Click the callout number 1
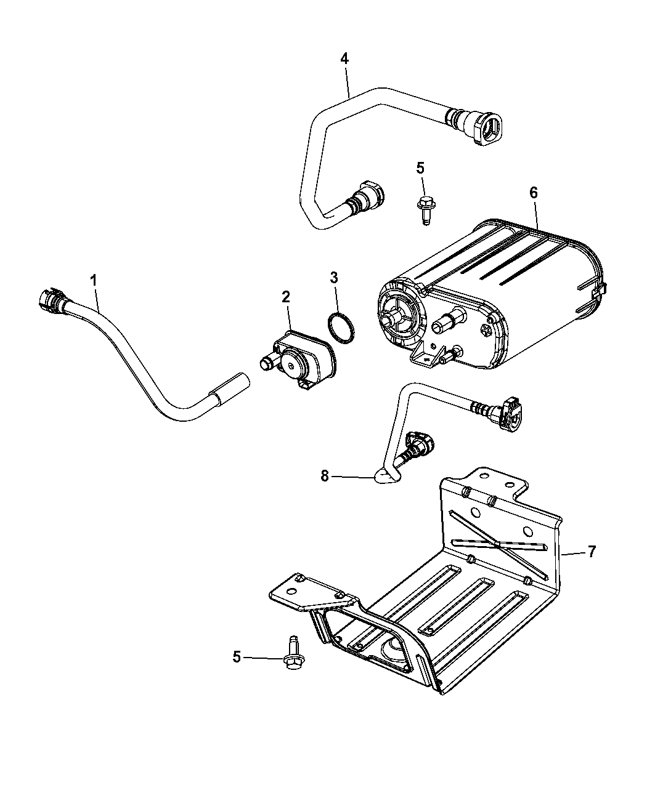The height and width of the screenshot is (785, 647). (x=93, y=280)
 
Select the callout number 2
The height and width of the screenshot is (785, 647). (x=286, y=297)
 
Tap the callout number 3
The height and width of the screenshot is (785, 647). (x=334, y=278)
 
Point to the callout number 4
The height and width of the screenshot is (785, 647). (x=344, y=58)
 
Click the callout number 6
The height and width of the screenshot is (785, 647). (x=534, y=193)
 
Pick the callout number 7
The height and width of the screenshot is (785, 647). (x=592, y=552)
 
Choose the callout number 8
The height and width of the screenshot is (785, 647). (x=325, y=477)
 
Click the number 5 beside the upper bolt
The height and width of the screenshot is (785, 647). (x=420, y=168)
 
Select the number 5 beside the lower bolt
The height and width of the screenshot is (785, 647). (x=237, y=657)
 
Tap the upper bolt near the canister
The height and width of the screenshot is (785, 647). (x=425, y=210)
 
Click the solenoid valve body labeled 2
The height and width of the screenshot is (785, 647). (x=299, y=359)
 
